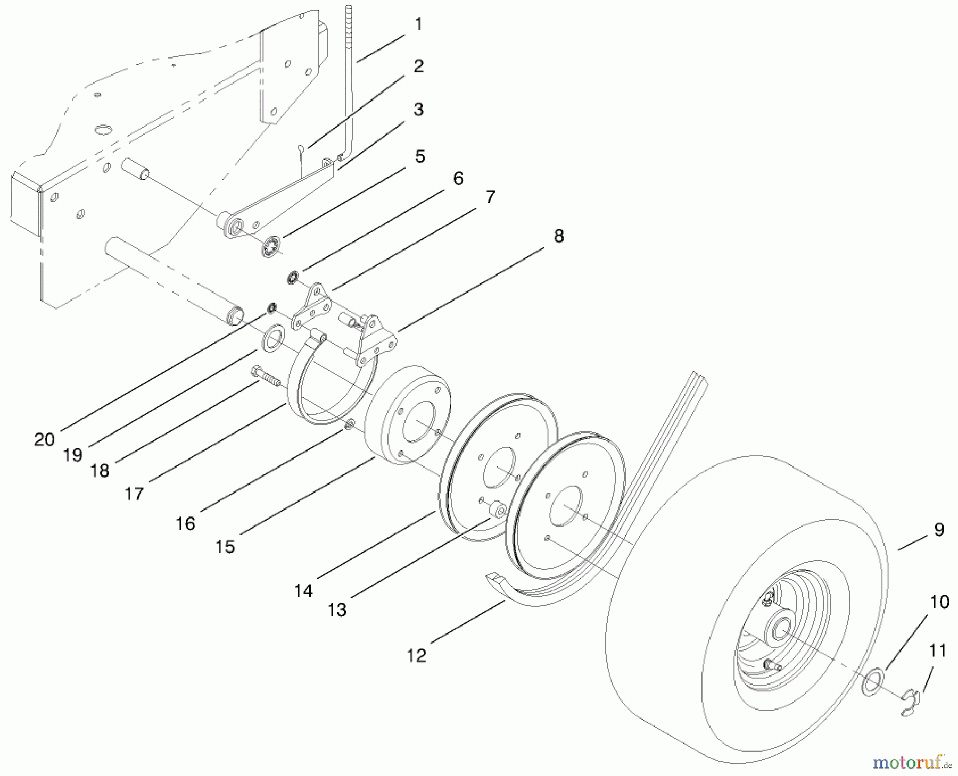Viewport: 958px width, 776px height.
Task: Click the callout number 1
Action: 418,24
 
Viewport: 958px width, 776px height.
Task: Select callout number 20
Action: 45,439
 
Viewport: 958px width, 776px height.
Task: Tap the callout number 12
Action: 417,656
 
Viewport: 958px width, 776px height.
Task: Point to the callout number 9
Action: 939,530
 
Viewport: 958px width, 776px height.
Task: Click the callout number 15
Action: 226,547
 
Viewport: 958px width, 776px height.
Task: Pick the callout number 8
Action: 558,236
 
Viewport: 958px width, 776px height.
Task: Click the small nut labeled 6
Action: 293,277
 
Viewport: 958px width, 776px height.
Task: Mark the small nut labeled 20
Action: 272,307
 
